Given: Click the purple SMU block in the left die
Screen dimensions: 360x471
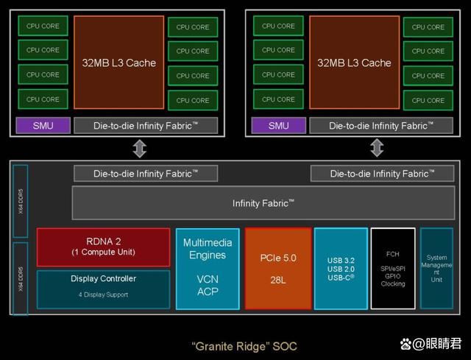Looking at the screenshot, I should point(43,126).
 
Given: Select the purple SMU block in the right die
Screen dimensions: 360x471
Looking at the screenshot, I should point(278,126).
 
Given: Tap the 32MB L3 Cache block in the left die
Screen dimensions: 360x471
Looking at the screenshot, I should point(118,63).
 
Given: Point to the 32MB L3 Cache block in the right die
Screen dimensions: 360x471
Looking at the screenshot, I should point(354,63).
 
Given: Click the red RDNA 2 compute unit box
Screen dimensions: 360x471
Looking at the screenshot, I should point(103,247).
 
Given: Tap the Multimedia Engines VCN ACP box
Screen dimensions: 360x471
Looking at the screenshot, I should point(207,269).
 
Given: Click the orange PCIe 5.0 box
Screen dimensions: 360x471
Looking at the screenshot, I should point(278,269).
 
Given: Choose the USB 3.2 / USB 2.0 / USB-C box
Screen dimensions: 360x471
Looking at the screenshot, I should point(341,269).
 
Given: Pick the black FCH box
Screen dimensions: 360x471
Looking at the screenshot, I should point(393,269).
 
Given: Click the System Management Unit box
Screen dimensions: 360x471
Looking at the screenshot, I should point(436,269).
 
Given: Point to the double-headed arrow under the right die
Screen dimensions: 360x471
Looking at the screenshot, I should point(377,148).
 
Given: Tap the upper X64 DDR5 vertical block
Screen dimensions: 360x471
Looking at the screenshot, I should point(20,201).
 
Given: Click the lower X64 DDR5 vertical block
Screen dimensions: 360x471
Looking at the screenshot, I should point(20,278).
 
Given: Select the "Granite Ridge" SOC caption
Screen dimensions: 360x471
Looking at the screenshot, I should point(244,345).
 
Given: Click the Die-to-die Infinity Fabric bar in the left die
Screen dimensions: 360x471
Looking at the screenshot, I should point(145,126).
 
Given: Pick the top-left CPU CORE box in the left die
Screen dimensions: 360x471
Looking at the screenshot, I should point(43,26).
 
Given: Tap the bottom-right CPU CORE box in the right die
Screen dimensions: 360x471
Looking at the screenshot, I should point(428,100).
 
